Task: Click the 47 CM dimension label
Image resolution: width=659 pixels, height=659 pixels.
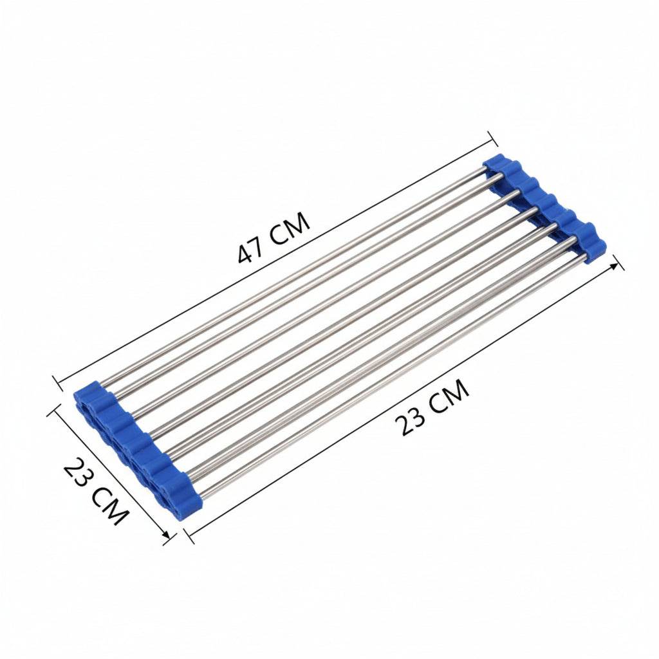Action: point(274,237)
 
